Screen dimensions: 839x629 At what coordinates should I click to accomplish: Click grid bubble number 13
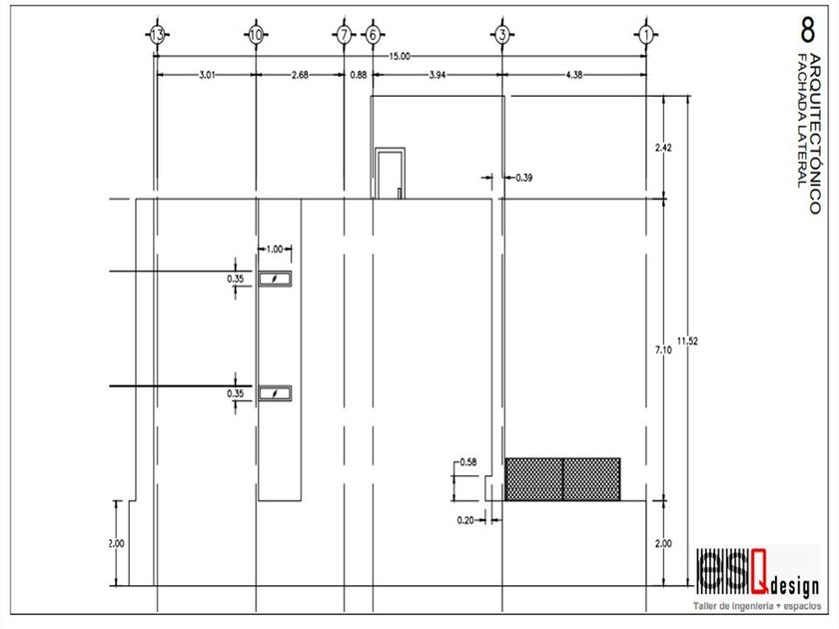click(x=156, y=35)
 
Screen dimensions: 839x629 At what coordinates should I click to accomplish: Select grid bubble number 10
click(x=256, y=35)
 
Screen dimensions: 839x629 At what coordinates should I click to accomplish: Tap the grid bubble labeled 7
click(x=345, y=35)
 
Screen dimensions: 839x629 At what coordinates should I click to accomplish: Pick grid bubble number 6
click(x=373, y=35)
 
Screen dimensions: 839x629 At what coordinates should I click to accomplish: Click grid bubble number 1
click(x=646, y=35)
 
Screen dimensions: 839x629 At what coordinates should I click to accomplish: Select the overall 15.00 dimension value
click(x=402, y=57)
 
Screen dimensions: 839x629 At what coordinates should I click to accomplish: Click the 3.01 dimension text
click(x=205, y=76)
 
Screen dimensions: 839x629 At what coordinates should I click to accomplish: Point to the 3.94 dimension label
click(x=439, y=76)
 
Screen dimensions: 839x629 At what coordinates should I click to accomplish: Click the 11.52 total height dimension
click(x=687, y=342)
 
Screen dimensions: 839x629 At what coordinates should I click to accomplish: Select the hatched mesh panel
click(x=562, y=479)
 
